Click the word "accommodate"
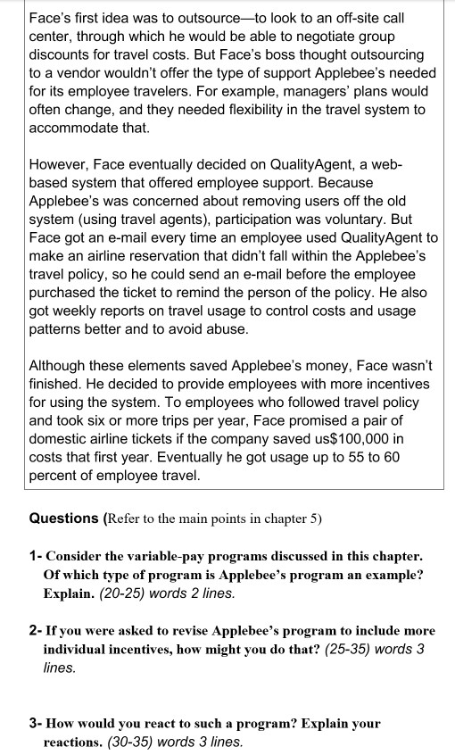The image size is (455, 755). (x=75, y=129)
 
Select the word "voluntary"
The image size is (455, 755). (x=375, y=220)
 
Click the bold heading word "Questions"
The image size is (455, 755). (x=64, y=519)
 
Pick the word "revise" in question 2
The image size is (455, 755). (x=181, y=631)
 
